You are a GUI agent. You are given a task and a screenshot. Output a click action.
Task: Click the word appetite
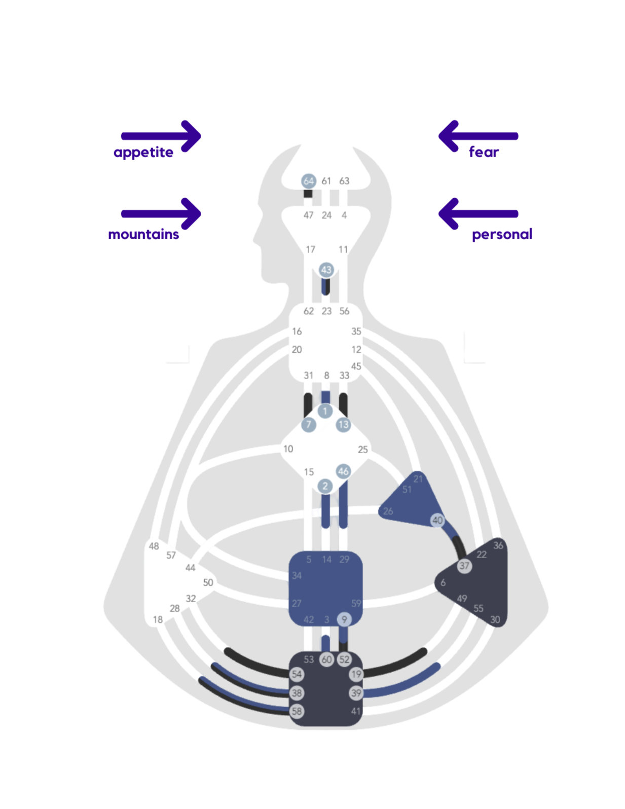[x=143, y=153]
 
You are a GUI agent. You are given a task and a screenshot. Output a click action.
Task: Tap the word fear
[x=484, y=152]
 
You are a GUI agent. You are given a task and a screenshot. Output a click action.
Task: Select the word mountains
[x=143, y=234]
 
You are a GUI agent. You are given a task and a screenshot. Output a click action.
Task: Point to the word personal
[x=502, y=234]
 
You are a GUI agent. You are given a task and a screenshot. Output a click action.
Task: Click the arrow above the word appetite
[x=161, y=136]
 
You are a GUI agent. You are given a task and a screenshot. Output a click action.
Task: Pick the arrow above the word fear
[x=478, y=136]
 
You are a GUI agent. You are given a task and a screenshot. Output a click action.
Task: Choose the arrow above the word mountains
[x=161, y=213]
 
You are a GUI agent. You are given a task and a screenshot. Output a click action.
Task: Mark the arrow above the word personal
[x=478, y=213]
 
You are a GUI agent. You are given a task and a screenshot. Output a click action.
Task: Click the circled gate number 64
[x=308, y=181]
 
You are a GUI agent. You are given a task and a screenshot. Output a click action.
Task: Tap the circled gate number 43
[x=326, y=270]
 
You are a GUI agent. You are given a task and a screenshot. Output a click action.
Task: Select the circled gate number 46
[x=343, y=471]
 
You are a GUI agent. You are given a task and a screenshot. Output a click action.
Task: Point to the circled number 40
[x=437, y=520]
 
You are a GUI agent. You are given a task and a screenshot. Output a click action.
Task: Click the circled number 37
[x=464, y=566]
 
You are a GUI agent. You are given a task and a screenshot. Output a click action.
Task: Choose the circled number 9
[x=344, y=619]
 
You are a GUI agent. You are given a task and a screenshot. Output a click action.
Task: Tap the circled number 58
[x=297, y=711]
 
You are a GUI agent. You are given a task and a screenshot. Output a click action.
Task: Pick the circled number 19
[x=356, y=674]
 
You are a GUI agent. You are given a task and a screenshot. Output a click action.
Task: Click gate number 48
[x=154, y=546]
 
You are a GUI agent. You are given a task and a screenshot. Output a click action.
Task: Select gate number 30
[x=495, y=619]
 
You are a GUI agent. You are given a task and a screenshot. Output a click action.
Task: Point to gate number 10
[x=288, y=449]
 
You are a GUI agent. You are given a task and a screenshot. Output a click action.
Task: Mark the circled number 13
[x=343, y=424]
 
